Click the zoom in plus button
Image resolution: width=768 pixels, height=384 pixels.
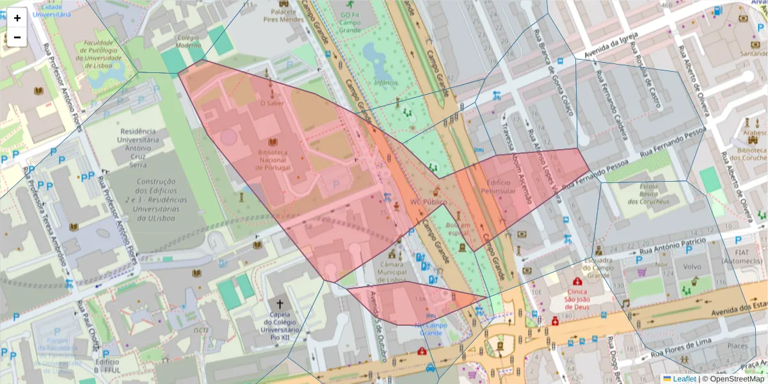[x=17, y=18]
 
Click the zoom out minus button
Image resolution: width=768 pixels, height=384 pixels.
[x=17, y=37]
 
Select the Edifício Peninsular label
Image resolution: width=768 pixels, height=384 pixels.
[x=501, y=186]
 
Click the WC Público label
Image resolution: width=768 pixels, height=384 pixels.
[x=428, y=202]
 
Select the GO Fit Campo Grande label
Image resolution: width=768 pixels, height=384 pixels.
[x=350, y=22]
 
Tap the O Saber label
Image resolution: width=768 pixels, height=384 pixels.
[x=271, y=102]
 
